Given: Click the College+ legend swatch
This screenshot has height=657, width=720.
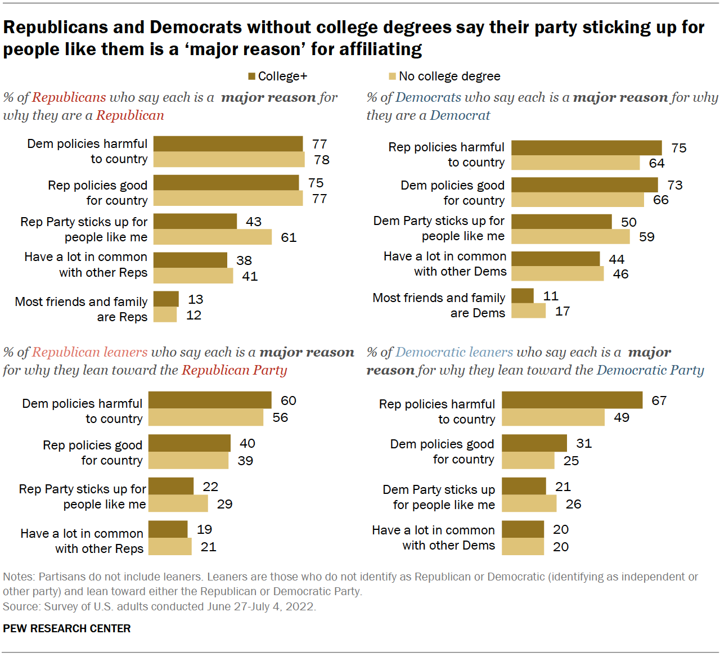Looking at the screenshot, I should (252, 76).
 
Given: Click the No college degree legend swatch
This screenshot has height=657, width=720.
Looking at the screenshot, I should (393, 76).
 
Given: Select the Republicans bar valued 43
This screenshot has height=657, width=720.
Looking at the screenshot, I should (195, 221).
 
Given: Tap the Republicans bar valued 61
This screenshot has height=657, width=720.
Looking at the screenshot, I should (213, 237).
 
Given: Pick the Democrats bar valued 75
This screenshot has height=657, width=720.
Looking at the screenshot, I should (586, 147).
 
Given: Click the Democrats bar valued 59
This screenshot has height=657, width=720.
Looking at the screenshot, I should (570, 236).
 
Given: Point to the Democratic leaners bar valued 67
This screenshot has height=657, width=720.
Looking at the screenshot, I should (572, 400).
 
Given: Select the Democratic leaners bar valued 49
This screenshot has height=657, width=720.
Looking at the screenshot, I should (553, 417).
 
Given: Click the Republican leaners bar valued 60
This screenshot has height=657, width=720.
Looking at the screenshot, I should (210, 400).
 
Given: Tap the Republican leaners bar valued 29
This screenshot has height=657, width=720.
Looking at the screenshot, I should (178, 503).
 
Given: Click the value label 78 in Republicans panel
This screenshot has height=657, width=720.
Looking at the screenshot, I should (322, 160).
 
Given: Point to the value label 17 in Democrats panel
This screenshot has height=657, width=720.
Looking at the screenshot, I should (562, 311).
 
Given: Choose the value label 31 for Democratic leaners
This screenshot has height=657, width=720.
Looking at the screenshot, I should (584, 443).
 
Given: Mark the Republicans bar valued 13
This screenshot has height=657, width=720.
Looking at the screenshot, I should (166, 299).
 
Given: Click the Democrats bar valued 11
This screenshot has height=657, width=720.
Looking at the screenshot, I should (523, 295).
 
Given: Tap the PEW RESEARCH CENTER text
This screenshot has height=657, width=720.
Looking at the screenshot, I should (67, 628).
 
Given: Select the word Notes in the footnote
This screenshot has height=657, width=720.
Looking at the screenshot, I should (17, 577).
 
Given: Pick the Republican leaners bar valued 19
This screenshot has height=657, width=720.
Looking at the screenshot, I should (168, 529).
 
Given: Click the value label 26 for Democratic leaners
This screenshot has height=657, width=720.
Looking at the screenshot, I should (573, 504).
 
